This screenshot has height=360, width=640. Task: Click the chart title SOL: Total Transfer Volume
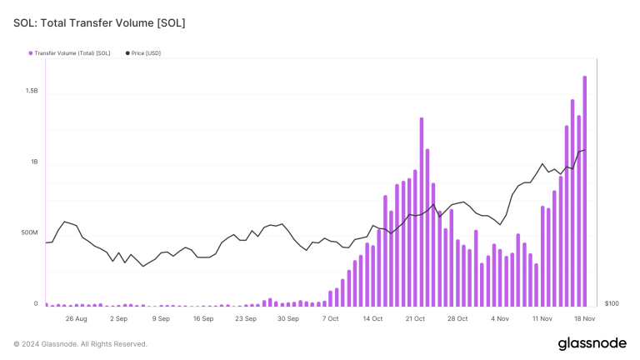pyautogui.click(x=99, y=22)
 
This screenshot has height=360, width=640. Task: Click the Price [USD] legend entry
pyautogui.click(x=146, y=53)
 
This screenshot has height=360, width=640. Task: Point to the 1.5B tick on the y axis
pyautogui.click(x=31, y=90)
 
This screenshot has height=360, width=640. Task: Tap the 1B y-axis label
pyautogui.click(x=33, y=162)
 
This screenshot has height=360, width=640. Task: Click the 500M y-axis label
pyautogui.click(x=29, y=232)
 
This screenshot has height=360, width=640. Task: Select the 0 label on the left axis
pyautogui.click(x=36, y=304)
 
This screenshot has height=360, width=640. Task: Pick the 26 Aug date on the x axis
pyautogui.click(x=76, y=318)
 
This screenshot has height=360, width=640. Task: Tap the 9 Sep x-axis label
pyautogui.click(x=161, y=318)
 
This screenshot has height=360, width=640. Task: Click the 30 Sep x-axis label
pyautogui.click(x=288, y=318)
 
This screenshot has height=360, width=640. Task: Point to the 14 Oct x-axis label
pyautogui.click(x=372, y=318)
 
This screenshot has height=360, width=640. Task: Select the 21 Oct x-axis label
pyautogui.click(x=415, y=318)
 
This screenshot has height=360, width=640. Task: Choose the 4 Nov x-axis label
pyautogui.click(x=500, y=318)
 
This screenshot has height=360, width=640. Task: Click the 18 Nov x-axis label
pyautogui.click(x=584, y=318)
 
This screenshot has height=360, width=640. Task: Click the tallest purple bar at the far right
pyautogui.click(x=585, y=192)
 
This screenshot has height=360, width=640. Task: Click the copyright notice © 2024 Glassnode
pyautogui.click(x=81, y=344)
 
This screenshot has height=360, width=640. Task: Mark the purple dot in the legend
pyautogui.click(x=31, y=53)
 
